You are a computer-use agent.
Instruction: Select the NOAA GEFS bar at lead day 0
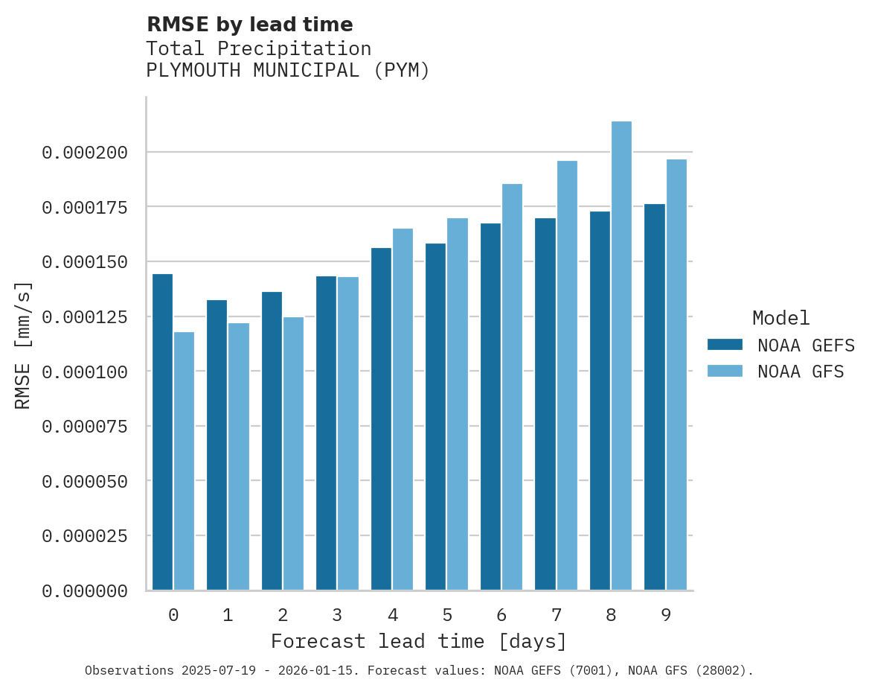[162, 432]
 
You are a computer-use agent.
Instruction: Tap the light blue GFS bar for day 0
[184, 461]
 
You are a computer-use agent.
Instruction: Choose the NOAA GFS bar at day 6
[512, 386]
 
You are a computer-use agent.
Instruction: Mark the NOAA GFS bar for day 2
[293, 453]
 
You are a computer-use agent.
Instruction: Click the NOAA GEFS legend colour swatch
[725, 344]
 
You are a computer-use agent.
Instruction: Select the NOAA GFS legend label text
[801, 372]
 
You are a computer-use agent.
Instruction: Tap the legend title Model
[780, 318]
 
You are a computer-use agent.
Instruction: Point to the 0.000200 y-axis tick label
[85, 153]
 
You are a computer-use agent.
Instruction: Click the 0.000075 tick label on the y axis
[85, 427]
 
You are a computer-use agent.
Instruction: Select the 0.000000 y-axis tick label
[85, 591]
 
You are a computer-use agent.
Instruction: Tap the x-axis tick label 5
[446, 615]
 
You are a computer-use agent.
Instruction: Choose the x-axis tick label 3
[337, 615]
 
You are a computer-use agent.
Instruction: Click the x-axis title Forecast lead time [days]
[419, 641]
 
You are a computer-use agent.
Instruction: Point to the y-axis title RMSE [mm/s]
[23, 345]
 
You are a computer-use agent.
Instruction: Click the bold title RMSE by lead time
[249, 25]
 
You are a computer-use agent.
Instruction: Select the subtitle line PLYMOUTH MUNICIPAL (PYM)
[288, 71]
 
